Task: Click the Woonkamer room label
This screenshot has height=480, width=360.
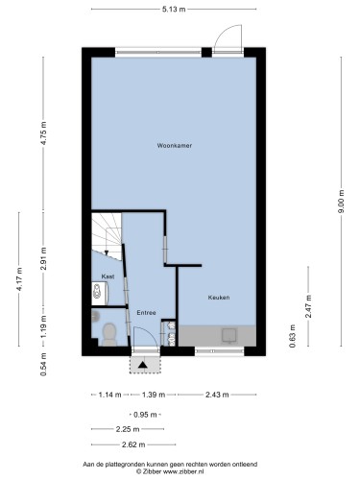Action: (x=175, y=146)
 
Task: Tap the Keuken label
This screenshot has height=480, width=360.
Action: (x=219, y=298)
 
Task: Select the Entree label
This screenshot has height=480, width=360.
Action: (x=146, y=313)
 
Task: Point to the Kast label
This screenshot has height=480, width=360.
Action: (x=108, y=276)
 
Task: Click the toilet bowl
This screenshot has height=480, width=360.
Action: (x=109, y=334)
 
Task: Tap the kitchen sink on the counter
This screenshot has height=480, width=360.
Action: (x=229, y=336)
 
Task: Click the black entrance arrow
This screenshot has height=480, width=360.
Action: (x=142, y=365)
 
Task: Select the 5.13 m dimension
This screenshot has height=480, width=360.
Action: (x=174, y=10)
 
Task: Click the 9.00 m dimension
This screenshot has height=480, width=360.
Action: (x=342, y=202)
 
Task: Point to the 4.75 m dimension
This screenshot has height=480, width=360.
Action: (x=43, y=133)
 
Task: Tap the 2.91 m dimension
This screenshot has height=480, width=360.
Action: (x=43, y=258)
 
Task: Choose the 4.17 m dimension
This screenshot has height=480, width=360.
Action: (x=19, y=279)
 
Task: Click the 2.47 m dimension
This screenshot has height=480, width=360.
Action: (x=308, y=306)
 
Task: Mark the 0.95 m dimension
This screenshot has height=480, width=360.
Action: (x=145, y=415)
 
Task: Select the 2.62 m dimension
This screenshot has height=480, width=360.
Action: (x=133, y=444)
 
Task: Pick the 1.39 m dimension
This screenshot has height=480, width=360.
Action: (x=154, y=395)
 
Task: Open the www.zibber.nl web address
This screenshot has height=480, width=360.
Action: (x=183, y=471)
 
